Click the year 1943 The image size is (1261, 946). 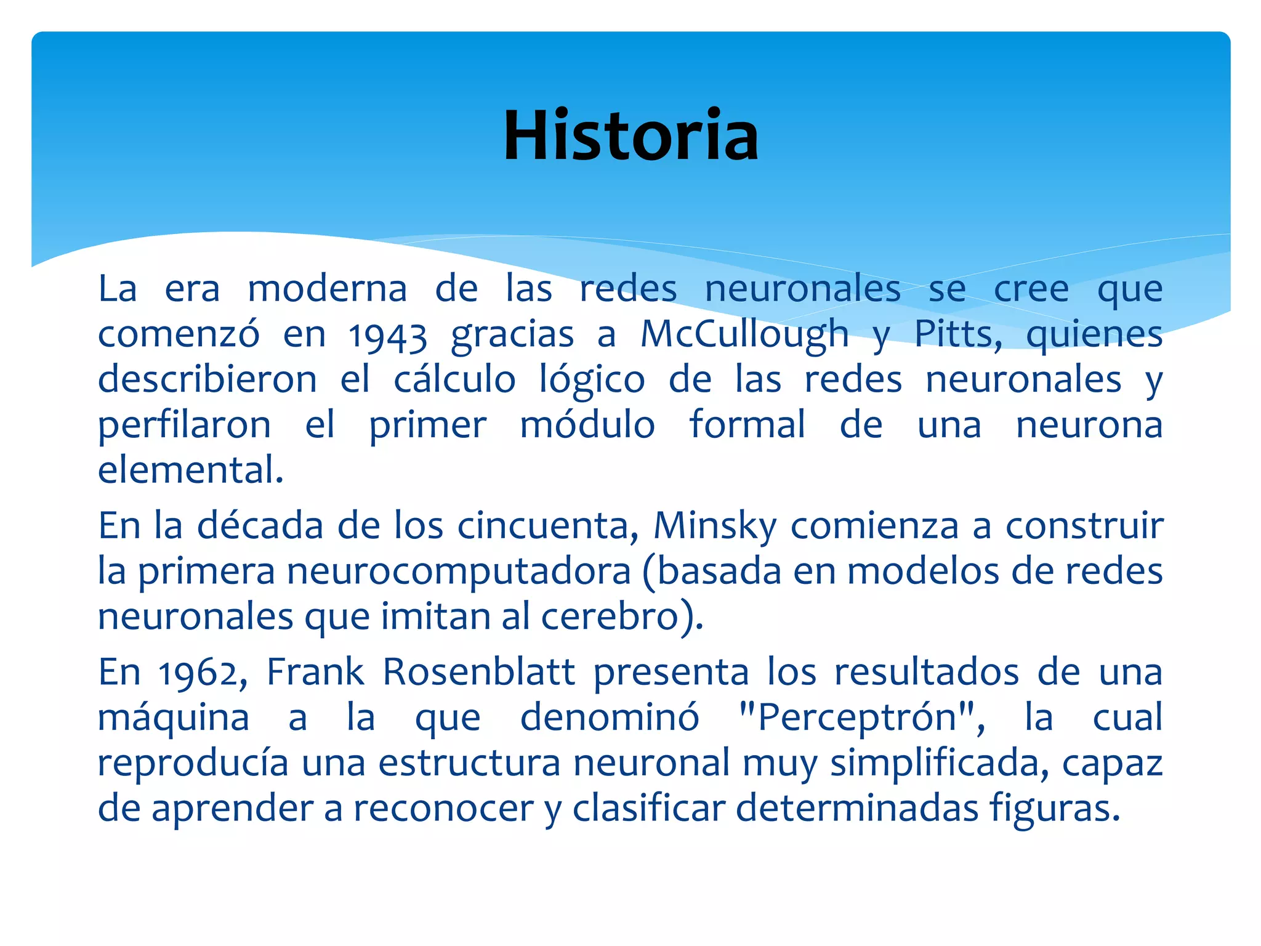tap(387, 336)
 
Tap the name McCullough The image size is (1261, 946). tap(744, 335)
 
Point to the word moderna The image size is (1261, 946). tap(328, 289)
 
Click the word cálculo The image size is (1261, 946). tap(454, 380)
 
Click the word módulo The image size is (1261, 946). tap(587, 425)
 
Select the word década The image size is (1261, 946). tap(260, 526)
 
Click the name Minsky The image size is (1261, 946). tap(715, 527)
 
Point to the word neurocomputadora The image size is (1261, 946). tap(459, 572)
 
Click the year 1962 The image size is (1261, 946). tap(201, 673)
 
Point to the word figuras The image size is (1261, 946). tap(1054, 809)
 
